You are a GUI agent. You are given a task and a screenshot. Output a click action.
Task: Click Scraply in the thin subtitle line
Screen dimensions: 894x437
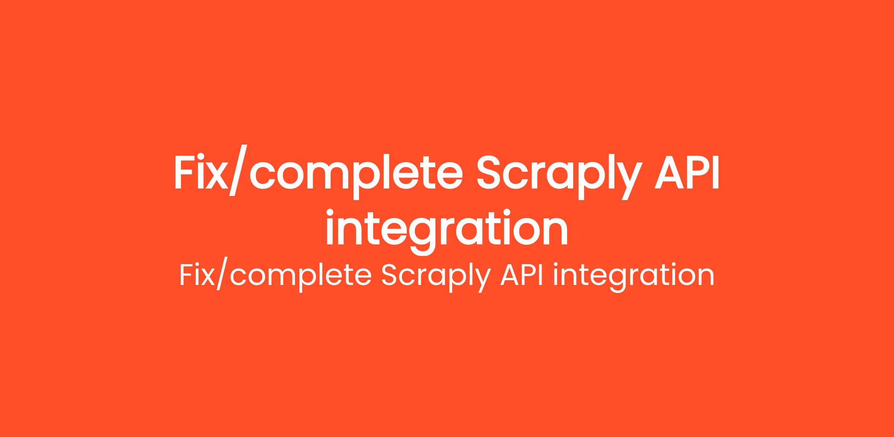tap(435, 278)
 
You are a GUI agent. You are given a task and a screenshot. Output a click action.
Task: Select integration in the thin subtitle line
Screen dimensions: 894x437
tap(634, 278)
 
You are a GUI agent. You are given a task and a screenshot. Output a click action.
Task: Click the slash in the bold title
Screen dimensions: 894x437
tap(238, 175)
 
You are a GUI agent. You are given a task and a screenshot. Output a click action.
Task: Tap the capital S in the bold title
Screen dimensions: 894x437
tap(492, 173)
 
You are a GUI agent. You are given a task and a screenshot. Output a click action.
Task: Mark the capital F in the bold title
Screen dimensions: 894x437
tap(185, 173)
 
